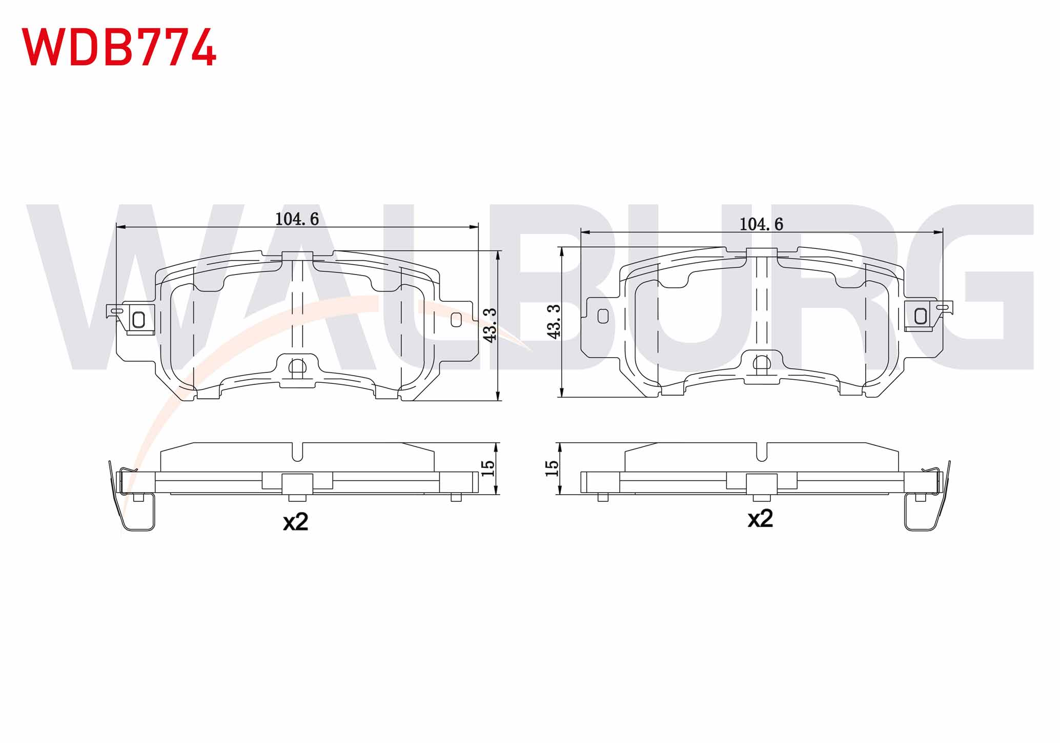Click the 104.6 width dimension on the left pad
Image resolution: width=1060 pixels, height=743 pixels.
[x=297, y=219]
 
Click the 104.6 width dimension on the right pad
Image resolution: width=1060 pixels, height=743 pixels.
[x=761, y=224]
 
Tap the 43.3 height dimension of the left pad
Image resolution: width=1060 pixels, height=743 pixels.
[x=490, y=325]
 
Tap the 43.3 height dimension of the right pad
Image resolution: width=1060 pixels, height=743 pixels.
[x=554, y=321]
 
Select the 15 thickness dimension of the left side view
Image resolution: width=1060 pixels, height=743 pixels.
[x=488, y=467]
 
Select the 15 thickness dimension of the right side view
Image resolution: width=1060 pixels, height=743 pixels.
[x=552, y=468]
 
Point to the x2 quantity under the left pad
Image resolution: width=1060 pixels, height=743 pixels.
[x=296, y=522]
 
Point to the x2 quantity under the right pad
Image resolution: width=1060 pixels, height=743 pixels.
[x=760, y=519]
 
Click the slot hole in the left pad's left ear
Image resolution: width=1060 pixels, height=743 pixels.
[x=138, y=320]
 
